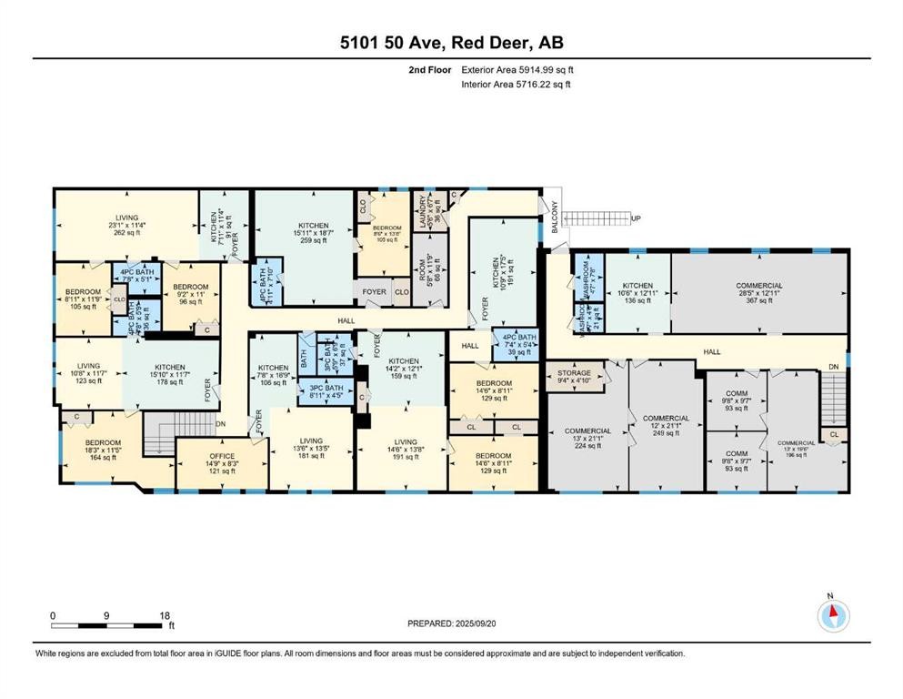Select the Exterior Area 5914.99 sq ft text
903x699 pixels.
click(518, 70)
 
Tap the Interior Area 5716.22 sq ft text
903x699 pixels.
click(517, 85)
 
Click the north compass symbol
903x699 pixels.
click(831, 616)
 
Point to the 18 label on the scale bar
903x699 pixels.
click(164, 615)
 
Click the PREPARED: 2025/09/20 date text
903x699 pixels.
click(451, 623)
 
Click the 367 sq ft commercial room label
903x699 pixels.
click(759, 292)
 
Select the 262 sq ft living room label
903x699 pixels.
click(126, 224)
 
